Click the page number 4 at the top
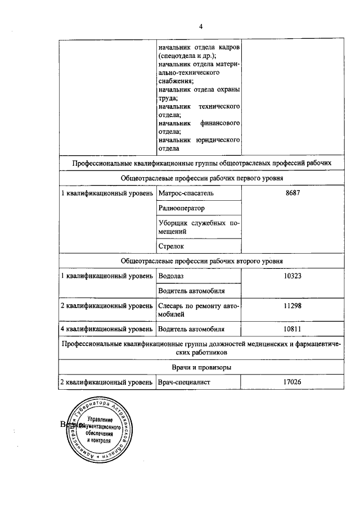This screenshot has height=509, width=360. click(x=200, y=26)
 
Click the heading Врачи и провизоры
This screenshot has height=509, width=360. click(x=201, y=367)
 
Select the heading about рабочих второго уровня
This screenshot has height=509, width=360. click(x=201, y=261)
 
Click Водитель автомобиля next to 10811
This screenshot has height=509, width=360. click(x=191, y=328)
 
